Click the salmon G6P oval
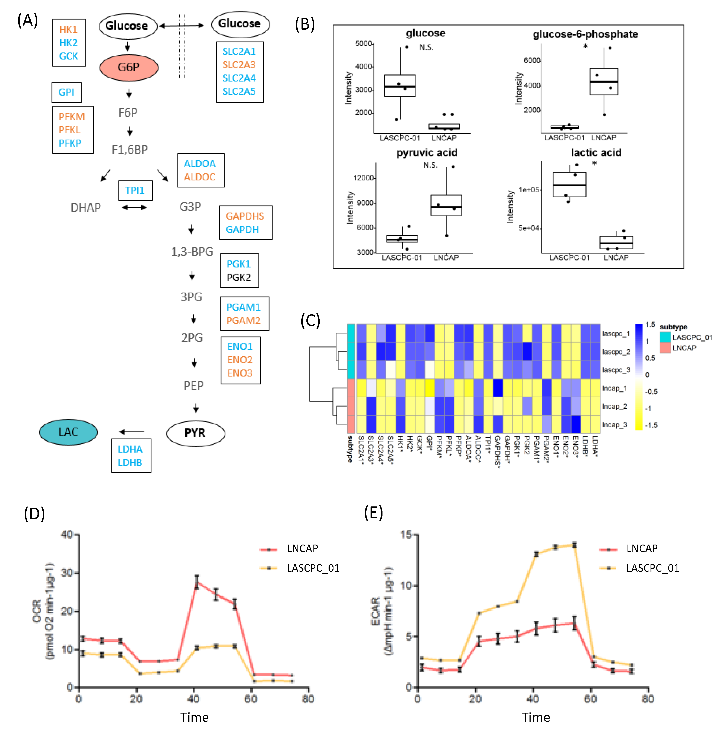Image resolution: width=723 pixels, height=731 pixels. pyautogui.click(x=129, y=67)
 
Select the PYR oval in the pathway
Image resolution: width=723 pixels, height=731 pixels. pyautogui.click(x=195, y=433)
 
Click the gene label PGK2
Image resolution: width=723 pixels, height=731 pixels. pyautogui.click(x=238, y=277)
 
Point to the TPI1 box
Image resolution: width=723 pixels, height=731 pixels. pyautogui.click(x=135, y=190)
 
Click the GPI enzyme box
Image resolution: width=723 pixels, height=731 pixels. pyautogui.click(x=66, y=92)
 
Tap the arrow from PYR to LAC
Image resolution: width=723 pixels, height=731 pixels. pyautogui.click(x=132, y=432)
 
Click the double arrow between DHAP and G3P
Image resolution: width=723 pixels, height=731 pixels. pyautogui.click(x=134, y=207)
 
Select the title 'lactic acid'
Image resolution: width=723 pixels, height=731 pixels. pyautogui.click(x=596, y=153)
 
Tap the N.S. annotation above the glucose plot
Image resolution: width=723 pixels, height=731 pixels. pyautogui.click(x=426, y=47)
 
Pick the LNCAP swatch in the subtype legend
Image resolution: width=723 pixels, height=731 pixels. pyautogui.click(x=665, y=348)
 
